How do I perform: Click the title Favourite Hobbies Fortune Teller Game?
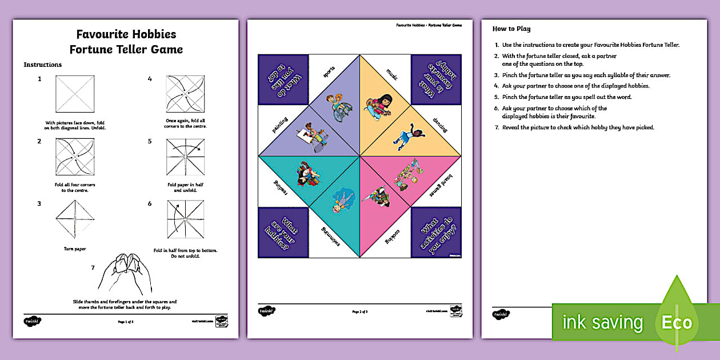click(x=126, y=42)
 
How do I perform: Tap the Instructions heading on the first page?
click(x=42, y=65)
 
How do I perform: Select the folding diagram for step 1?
click(x=74, y=94)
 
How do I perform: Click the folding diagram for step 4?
click(x=184, y=94)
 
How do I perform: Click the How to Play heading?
click(x=511, y=29)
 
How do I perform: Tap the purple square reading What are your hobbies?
click(x=283, y=232)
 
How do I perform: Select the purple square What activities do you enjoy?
click(x=436, y=232)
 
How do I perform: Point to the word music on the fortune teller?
click(x=391, y=74)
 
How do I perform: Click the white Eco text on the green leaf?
click(x=677, y=322)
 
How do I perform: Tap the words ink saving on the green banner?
click(x=602, y=322)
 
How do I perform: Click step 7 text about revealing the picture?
click(x=577, y=127)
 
